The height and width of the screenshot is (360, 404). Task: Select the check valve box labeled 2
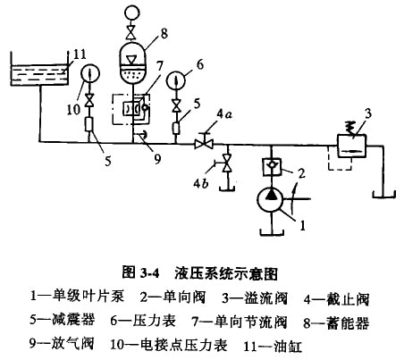click(271, 167)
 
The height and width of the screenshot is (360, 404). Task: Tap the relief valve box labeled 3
click(351, 146)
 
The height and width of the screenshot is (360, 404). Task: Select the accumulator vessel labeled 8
click(132, 62)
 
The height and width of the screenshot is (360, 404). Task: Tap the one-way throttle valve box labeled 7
click(132, 109)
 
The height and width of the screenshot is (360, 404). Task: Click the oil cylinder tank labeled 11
click(39, 69)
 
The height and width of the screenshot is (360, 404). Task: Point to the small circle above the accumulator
click(131, 13)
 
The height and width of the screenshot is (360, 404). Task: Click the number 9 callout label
click(157, 158)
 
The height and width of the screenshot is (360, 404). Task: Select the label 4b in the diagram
click(201, 183)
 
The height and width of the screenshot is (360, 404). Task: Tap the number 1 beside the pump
click(302, 225)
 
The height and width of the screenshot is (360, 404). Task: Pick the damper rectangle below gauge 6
click(176, 128)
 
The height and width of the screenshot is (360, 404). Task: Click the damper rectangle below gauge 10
click(89, 124)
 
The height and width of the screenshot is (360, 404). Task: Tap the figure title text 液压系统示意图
click(226, 273)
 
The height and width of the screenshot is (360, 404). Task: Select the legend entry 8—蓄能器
click(336, 322)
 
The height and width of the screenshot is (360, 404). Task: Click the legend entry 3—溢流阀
click(255, 298)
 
